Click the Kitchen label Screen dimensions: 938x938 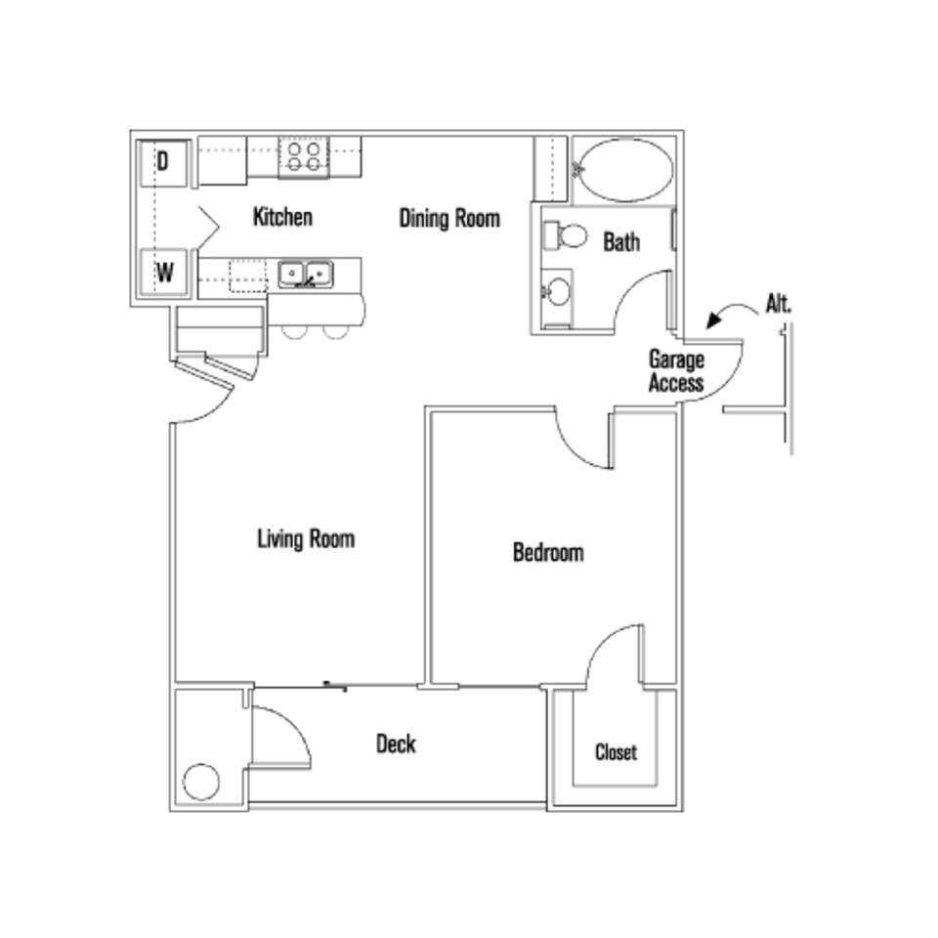pyautogui.click(x=282, y=216)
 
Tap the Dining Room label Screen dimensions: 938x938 pyautogui.click(x=448, y=218)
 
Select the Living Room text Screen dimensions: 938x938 pyautogui.click(x=305, y=538)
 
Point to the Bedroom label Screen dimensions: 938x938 pyautogui.click(x=548, y=553)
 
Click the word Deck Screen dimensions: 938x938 pyautogui.click(x=396, y=745)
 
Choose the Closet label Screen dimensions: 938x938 pyautogui.click(x=616, y=752)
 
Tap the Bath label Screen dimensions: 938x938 pyautogui.click(x=621, y=241)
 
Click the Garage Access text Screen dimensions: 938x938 pyautogui.click(x=676, y=371)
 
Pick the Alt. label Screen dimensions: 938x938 pyautogui.click(x=779, y=304)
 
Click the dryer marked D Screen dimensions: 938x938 pyautogui.click(x=162, y=161)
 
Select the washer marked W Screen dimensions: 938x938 pyautogui.click(x=164, y=273)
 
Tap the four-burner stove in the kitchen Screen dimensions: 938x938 pyautogui.click(x=303, y=157)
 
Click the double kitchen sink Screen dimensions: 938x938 pyautogui.click(x=305, y=274)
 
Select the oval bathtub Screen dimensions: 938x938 pyautogui.click(x=622, y=170)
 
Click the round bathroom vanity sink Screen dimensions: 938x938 pyautogui.click(x=557, y=291)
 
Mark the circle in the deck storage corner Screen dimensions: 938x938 pyautogui.click(x=201, y=782)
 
